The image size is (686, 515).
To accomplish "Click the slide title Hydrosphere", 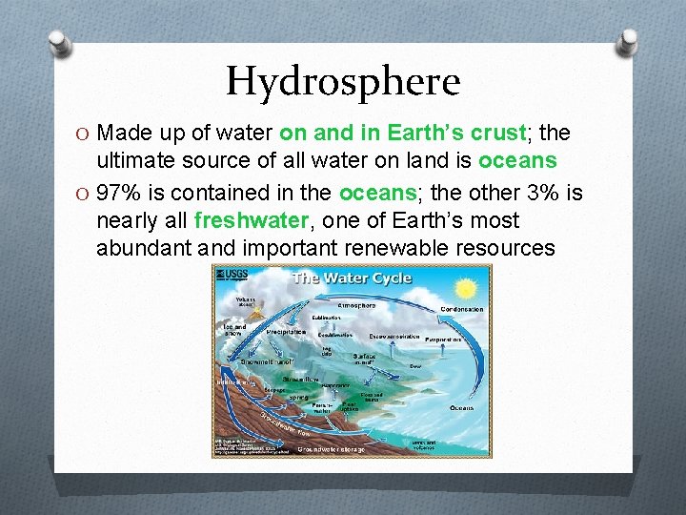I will [343, 82].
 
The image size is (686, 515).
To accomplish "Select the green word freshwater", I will [252, 220].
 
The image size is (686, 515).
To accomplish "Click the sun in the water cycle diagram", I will [466, 287].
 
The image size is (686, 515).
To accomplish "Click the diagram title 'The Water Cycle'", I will [352, 278].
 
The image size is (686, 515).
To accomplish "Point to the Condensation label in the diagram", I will [462, 309].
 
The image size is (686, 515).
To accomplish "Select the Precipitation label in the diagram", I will [285, 331].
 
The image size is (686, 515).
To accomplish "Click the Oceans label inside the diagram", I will [461, 407].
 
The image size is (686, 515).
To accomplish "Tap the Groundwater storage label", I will [331, 448].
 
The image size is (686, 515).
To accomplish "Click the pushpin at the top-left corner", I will [59, 43].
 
